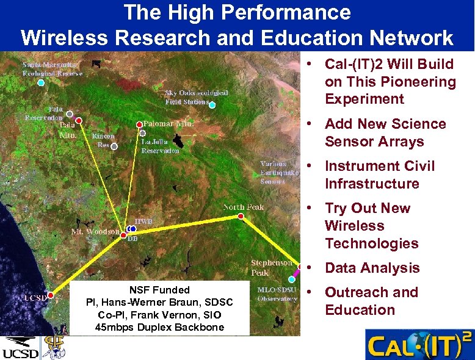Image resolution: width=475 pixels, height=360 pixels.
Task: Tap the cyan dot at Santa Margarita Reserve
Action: tap(41, 82)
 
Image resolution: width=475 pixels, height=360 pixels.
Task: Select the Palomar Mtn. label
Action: tap(169, 123)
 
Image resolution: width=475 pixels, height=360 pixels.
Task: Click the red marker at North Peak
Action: tap(241, 216)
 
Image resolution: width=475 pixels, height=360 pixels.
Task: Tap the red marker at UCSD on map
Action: tap(51, 295)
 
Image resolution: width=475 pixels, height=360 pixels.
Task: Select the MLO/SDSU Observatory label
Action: tap(277, 294)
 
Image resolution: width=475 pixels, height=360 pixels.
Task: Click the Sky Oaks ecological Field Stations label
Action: tap(196, 97)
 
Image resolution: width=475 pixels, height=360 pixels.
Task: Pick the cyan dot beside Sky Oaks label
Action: tap(212, 105)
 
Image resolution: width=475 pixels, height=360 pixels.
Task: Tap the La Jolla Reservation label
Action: tap(160, 146)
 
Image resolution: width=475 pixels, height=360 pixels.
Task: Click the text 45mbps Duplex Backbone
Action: tap(159, 328)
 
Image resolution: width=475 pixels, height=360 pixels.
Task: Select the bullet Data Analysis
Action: tap(372, 268)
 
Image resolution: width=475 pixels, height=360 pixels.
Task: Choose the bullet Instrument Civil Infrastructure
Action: tap(379, 175)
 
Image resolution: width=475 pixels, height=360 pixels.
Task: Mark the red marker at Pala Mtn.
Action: tap(79, 120)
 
